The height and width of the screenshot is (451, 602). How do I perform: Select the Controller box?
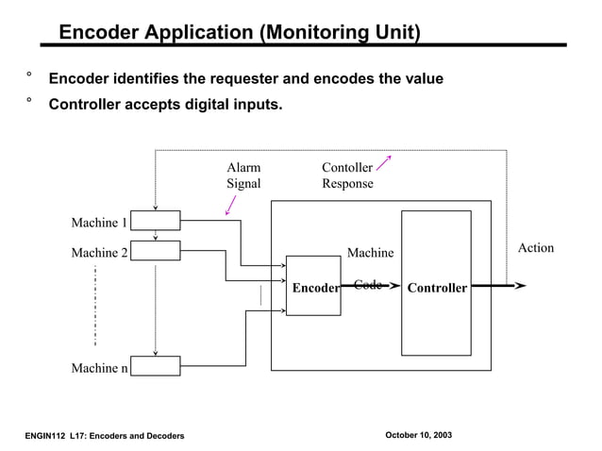point(436,283)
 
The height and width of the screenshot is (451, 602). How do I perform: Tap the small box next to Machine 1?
point(155,221)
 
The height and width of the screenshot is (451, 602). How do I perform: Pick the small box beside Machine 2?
point(155,251)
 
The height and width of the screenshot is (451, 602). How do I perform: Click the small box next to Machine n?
point(155,366)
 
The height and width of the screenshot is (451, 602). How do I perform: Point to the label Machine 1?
point(99,223)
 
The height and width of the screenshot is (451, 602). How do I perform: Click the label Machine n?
point(99,368)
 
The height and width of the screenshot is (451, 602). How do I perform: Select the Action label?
point(536,248)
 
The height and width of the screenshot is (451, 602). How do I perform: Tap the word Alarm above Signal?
point(243,168)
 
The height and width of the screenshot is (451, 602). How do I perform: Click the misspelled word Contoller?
point(347,168)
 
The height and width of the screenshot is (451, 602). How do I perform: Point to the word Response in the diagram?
point(347,184)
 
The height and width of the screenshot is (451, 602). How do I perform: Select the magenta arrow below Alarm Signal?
point(230,206)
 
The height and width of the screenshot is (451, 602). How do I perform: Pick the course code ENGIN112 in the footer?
point(45,435)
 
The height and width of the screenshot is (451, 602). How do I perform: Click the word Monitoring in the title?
point(309,33)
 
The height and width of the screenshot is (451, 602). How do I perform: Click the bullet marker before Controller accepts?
point(29,99)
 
